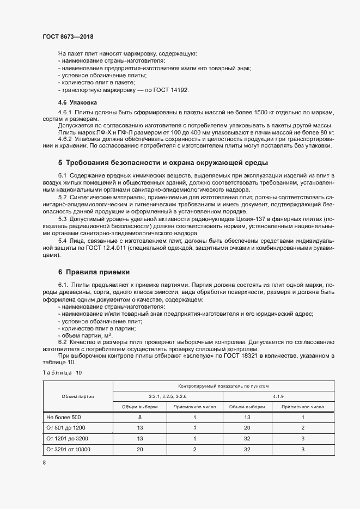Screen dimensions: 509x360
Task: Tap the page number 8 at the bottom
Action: tap(45, 462)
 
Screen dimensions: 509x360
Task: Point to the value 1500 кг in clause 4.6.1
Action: tap(251, 112)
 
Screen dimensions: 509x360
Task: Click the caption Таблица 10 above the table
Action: tap(62, 372)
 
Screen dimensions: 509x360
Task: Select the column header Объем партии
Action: tap(78, 396)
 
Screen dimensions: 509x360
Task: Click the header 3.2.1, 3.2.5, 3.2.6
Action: tap(167, 396)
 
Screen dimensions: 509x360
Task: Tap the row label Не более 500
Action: tap(64, 417)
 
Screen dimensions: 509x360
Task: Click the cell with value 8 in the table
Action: tap(140, 417)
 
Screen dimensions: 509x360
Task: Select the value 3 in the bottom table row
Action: tap(302, 449)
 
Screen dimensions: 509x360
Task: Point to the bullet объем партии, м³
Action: tap(81, 335)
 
